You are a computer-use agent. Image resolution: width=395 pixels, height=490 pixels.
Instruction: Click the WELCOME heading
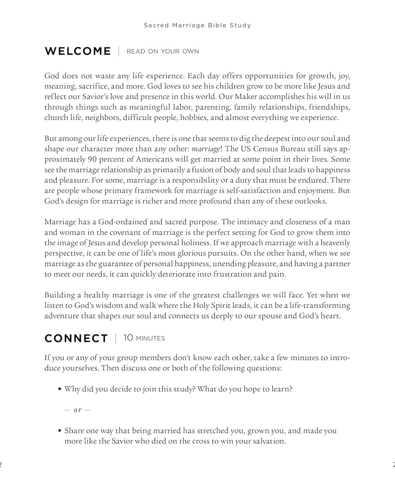pos(78,51)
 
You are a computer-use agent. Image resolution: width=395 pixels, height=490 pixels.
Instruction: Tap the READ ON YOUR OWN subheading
pos(162,51)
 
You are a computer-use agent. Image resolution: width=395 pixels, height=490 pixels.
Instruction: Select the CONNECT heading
pos(76,338)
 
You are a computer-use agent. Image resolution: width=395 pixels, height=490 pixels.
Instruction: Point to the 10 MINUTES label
pos(144,338)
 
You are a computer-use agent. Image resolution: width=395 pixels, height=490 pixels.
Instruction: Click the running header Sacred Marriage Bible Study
pos(197,25)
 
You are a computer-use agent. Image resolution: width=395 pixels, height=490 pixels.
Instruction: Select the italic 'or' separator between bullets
pos(78,410)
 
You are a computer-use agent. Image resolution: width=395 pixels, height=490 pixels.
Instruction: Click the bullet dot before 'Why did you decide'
pos(60,390)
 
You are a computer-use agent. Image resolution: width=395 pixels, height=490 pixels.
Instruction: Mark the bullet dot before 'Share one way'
pos(60,431)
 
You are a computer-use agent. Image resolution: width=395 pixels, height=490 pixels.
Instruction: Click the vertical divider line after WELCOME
pos(119,51)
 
